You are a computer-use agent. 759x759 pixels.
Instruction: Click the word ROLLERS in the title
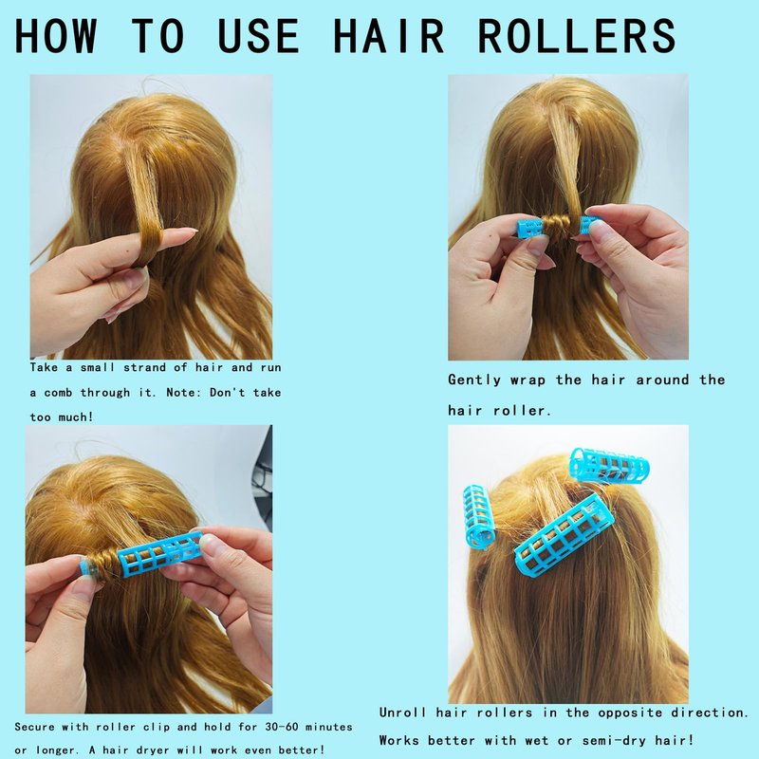coord(576,35)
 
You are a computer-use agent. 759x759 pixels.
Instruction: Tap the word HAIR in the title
coord(389,35)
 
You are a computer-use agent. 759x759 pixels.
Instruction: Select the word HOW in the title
coord(55,35)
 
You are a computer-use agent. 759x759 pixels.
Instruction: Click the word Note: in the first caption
coord(183,392)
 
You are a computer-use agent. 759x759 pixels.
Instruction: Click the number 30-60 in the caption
coord(282,727)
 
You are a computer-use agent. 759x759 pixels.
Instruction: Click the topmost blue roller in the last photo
coord(609,465)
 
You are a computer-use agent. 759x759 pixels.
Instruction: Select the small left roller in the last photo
coord(479,517)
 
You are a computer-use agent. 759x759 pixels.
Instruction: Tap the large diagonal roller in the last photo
coord(564,535)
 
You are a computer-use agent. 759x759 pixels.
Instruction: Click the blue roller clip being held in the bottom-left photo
coord(159,554)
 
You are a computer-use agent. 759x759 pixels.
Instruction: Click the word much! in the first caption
coord(76,417)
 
